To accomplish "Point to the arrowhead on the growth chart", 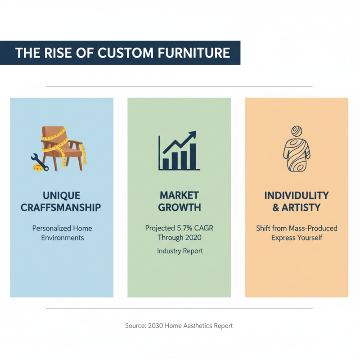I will pos(193,135).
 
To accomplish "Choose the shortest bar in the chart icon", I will pos(165,163).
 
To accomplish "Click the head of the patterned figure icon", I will pos(296,131).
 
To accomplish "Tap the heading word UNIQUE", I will pos(62,196).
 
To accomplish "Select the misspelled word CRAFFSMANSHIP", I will pos(62,207).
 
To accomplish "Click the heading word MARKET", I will pos(179,196).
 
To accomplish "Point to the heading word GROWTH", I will pos(179,207).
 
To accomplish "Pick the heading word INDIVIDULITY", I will pos(297,196).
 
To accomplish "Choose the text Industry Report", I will pos(180,251).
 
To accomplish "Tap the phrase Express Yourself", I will pos(297,238).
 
